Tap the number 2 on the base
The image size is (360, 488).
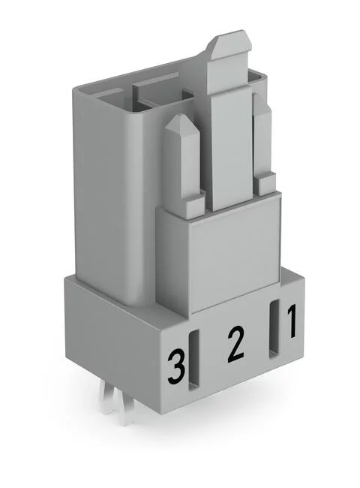pyautogui.click(x=235, y=342)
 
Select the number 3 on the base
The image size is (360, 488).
pyautogui.click(x=176, y=367)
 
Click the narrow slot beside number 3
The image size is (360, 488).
pyautogui.click(x=193, y=360)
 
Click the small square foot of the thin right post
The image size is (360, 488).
pyautogui.click(x=266, y=182)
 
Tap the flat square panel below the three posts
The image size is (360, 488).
pyautogui.click(x=232, y=255)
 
